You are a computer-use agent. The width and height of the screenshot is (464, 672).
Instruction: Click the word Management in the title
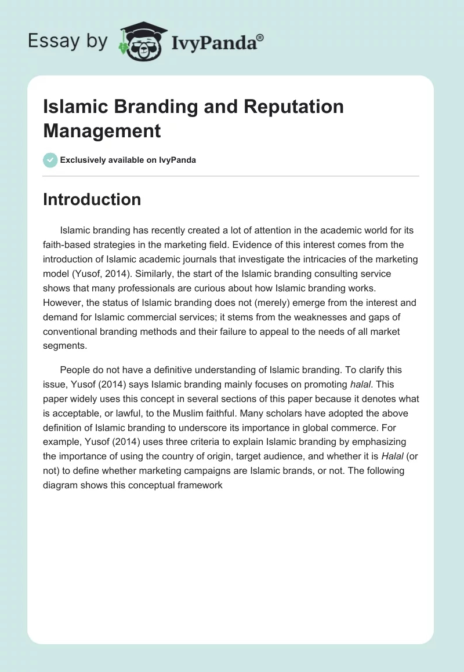coord(102,130)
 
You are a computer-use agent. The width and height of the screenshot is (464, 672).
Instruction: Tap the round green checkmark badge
coord(50,160)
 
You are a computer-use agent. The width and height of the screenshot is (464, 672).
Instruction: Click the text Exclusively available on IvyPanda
coord(128,160)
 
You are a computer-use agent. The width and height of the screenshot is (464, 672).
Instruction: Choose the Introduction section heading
coord(92,199)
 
